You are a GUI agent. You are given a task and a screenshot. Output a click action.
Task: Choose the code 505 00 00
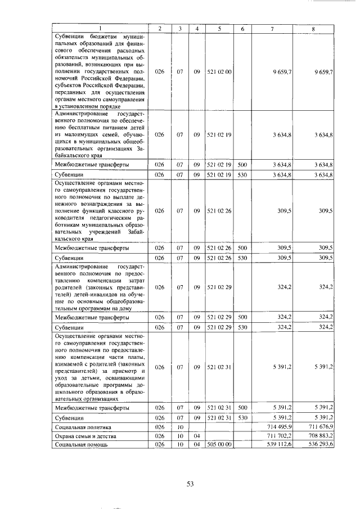pyautogui.click(x=219, y=444)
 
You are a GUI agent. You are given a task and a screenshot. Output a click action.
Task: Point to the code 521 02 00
pyautogui.click(x=219, y=72)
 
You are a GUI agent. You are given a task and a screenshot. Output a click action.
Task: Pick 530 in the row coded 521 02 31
pyautogui.click(x=242, y=417)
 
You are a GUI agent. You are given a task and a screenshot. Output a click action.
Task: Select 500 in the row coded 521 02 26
pyautogui.click(x=242, y=247)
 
